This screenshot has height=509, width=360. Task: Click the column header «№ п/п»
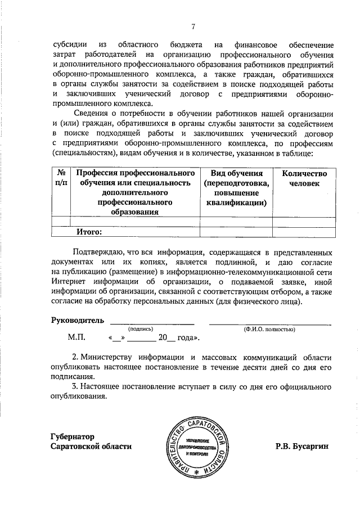[62, 178]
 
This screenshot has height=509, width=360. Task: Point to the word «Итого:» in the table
[89, 231]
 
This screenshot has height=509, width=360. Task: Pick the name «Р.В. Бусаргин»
[301, 446]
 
